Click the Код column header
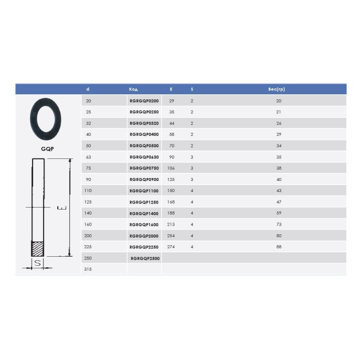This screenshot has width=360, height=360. click(x=133, y=89)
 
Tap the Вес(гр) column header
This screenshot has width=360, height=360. click(x=276, y=89)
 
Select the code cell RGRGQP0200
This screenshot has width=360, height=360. click(x=144, y=101)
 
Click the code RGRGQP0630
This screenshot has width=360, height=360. click(x=144, y=157)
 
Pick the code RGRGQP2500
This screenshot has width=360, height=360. click(x=145, y=258)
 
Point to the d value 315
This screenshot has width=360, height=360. click(x=88, y=269)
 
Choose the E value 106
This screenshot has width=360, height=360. click(x=171, y=168)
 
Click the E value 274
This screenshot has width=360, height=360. click(x=171, y=247)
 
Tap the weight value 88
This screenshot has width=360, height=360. click(x=279, y=247)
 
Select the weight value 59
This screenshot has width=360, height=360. click(x=279, y=213)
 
